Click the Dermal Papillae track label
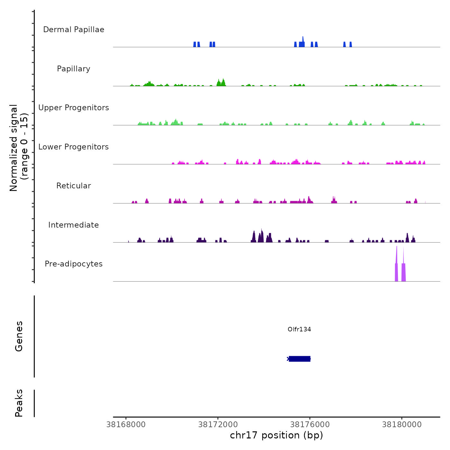(74, 30)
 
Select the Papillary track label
(74, 69)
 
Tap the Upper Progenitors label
(74, 108)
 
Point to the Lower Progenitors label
(74, 147)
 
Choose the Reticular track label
(74, 186)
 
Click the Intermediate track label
(74, 225)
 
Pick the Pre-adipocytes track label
(74, 264)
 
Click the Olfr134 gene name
(299, 329)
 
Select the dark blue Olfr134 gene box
(300, 359)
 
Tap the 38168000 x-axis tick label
(126, 425)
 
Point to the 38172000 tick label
(218, 425)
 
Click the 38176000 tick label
(310, 425)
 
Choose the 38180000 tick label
(402, 425)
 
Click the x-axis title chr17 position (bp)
(276, 435)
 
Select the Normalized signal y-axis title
(19, 148)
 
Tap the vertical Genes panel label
(19, 336)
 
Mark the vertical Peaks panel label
(19, 403)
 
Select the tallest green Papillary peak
(223, 82)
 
